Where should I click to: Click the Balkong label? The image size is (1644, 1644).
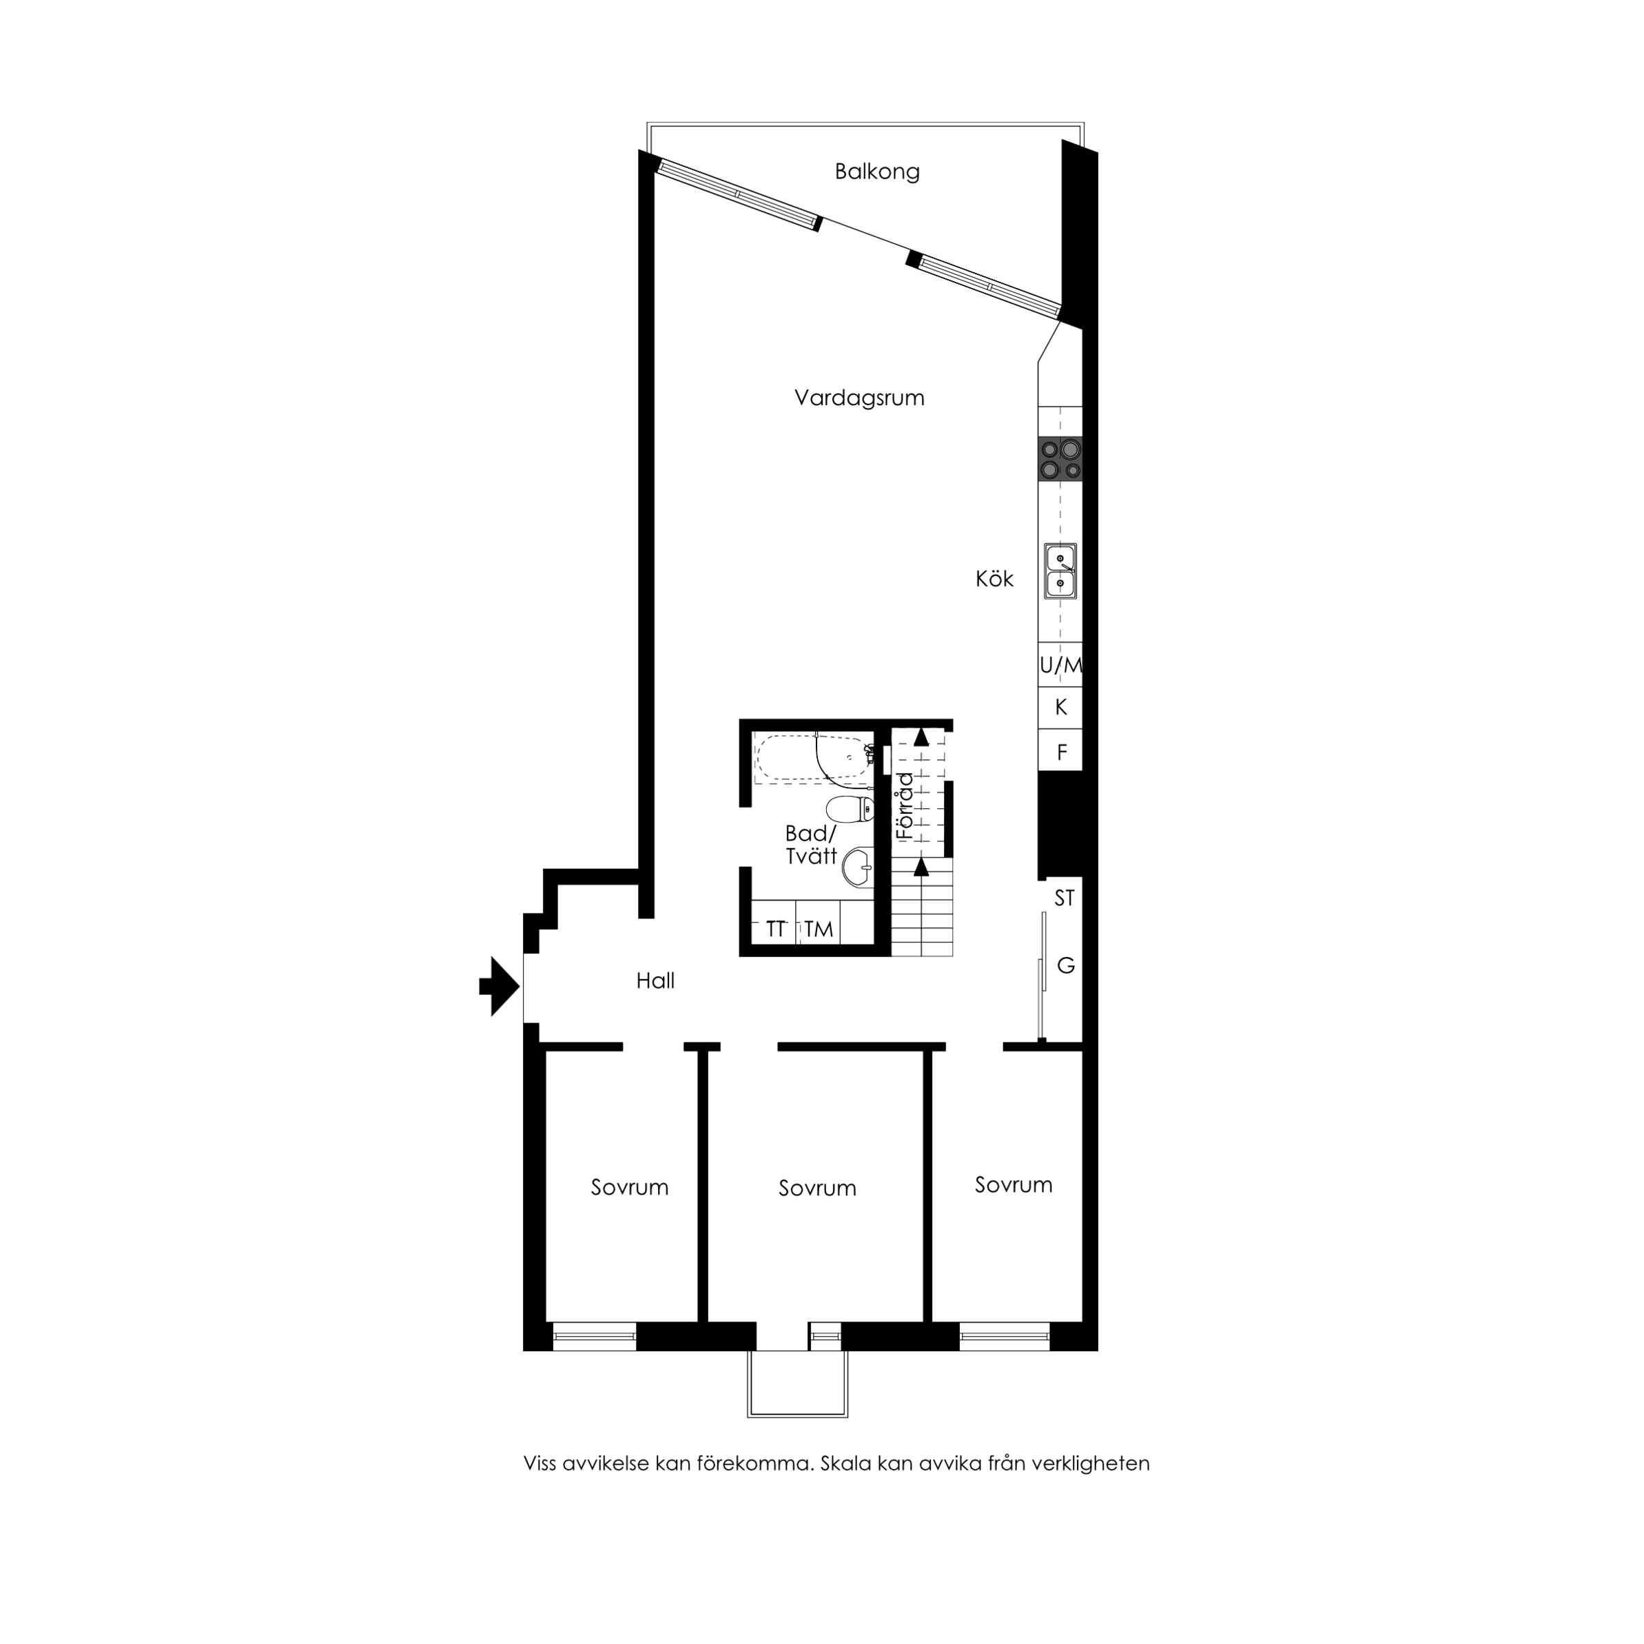click(x=876, y=172)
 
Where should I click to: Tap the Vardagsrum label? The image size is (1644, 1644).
click(x=859, y=398)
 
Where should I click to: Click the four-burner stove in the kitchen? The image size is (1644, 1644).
click(x=1060, y=460)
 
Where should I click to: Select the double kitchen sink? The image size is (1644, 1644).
click(x=1060, y=571)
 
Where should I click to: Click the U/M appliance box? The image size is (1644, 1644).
click(x=1060, y=665)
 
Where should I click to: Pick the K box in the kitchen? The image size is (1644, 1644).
click(x=1060, y=707)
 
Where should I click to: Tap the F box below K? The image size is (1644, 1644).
click(x=1060, y=750)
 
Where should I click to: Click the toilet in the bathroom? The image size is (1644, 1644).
click(x=850, y=808)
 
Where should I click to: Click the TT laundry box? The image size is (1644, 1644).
click(x=774, y=928)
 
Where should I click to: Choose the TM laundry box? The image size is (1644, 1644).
click(x=819, y=928)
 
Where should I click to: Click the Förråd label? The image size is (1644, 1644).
click(x=905, y=806)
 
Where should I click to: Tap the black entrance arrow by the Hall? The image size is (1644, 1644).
click(x=500, y=986)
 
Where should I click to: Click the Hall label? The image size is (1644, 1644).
click(x=655, y=981)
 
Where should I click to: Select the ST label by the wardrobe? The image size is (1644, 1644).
click(x=1065, y=898)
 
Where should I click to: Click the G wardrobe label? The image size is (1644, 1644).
click(x=1065, y=965)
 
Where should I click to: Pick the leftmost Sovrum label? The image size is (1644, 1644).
click(x=630, y=1187)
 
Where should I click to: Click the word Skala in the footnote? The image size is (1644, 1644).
click(x=845, y=1463)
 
